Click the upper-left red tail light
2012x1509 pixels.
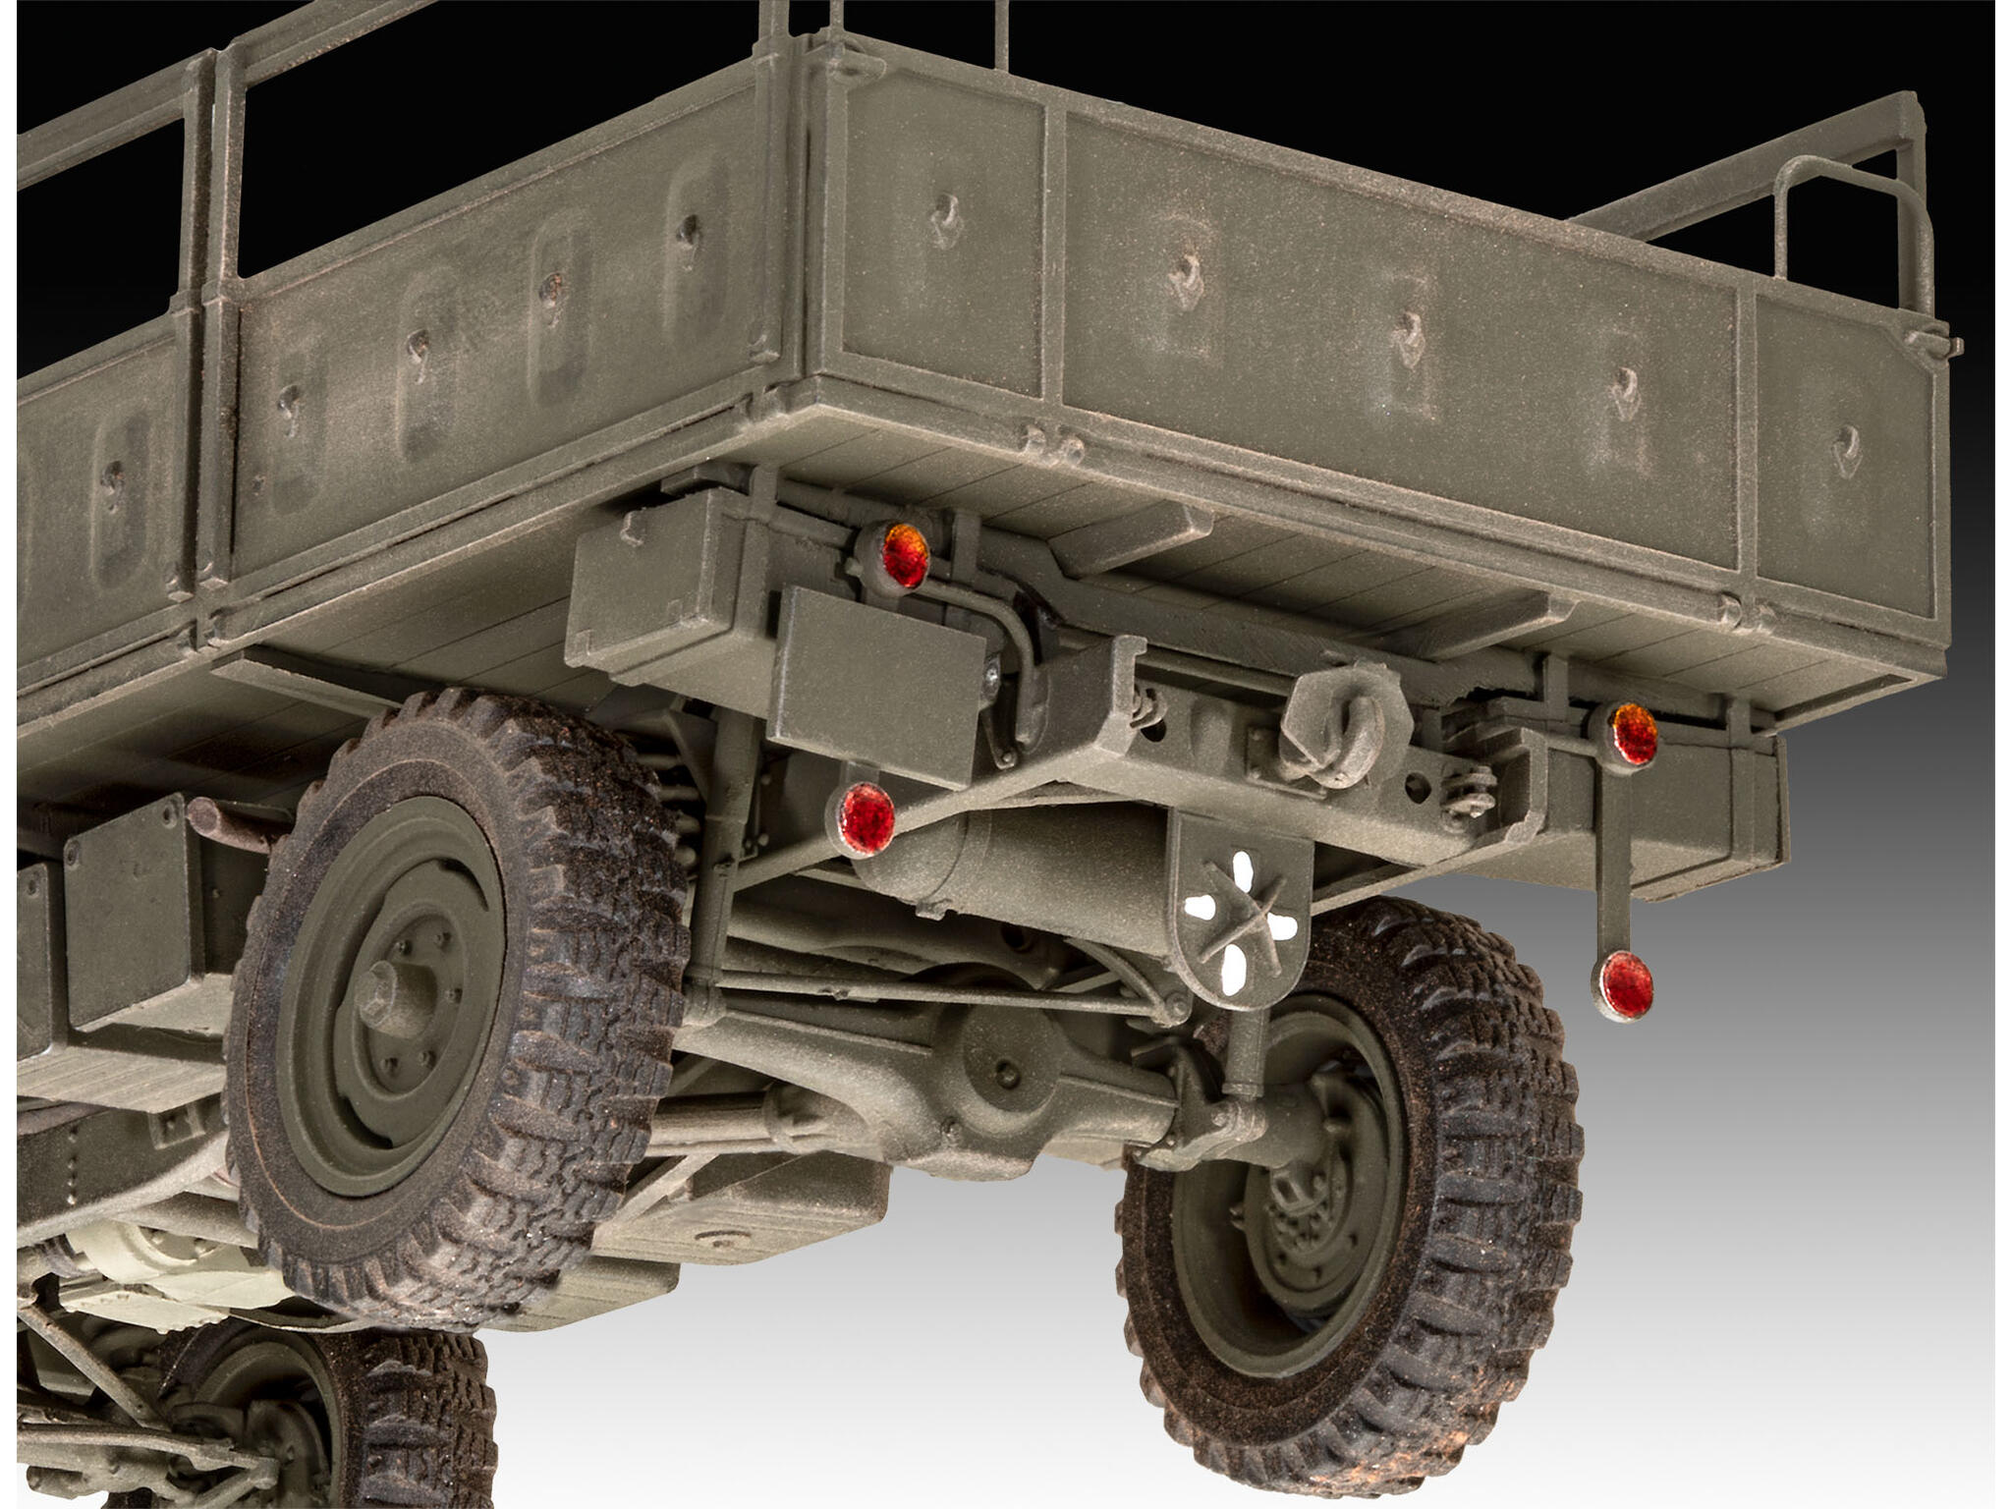(x=904, y=556)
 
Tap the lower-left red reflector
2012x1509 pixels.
(x=866, y=817)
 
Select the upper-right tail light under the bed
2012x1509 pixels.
(x=1634, y=733)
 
